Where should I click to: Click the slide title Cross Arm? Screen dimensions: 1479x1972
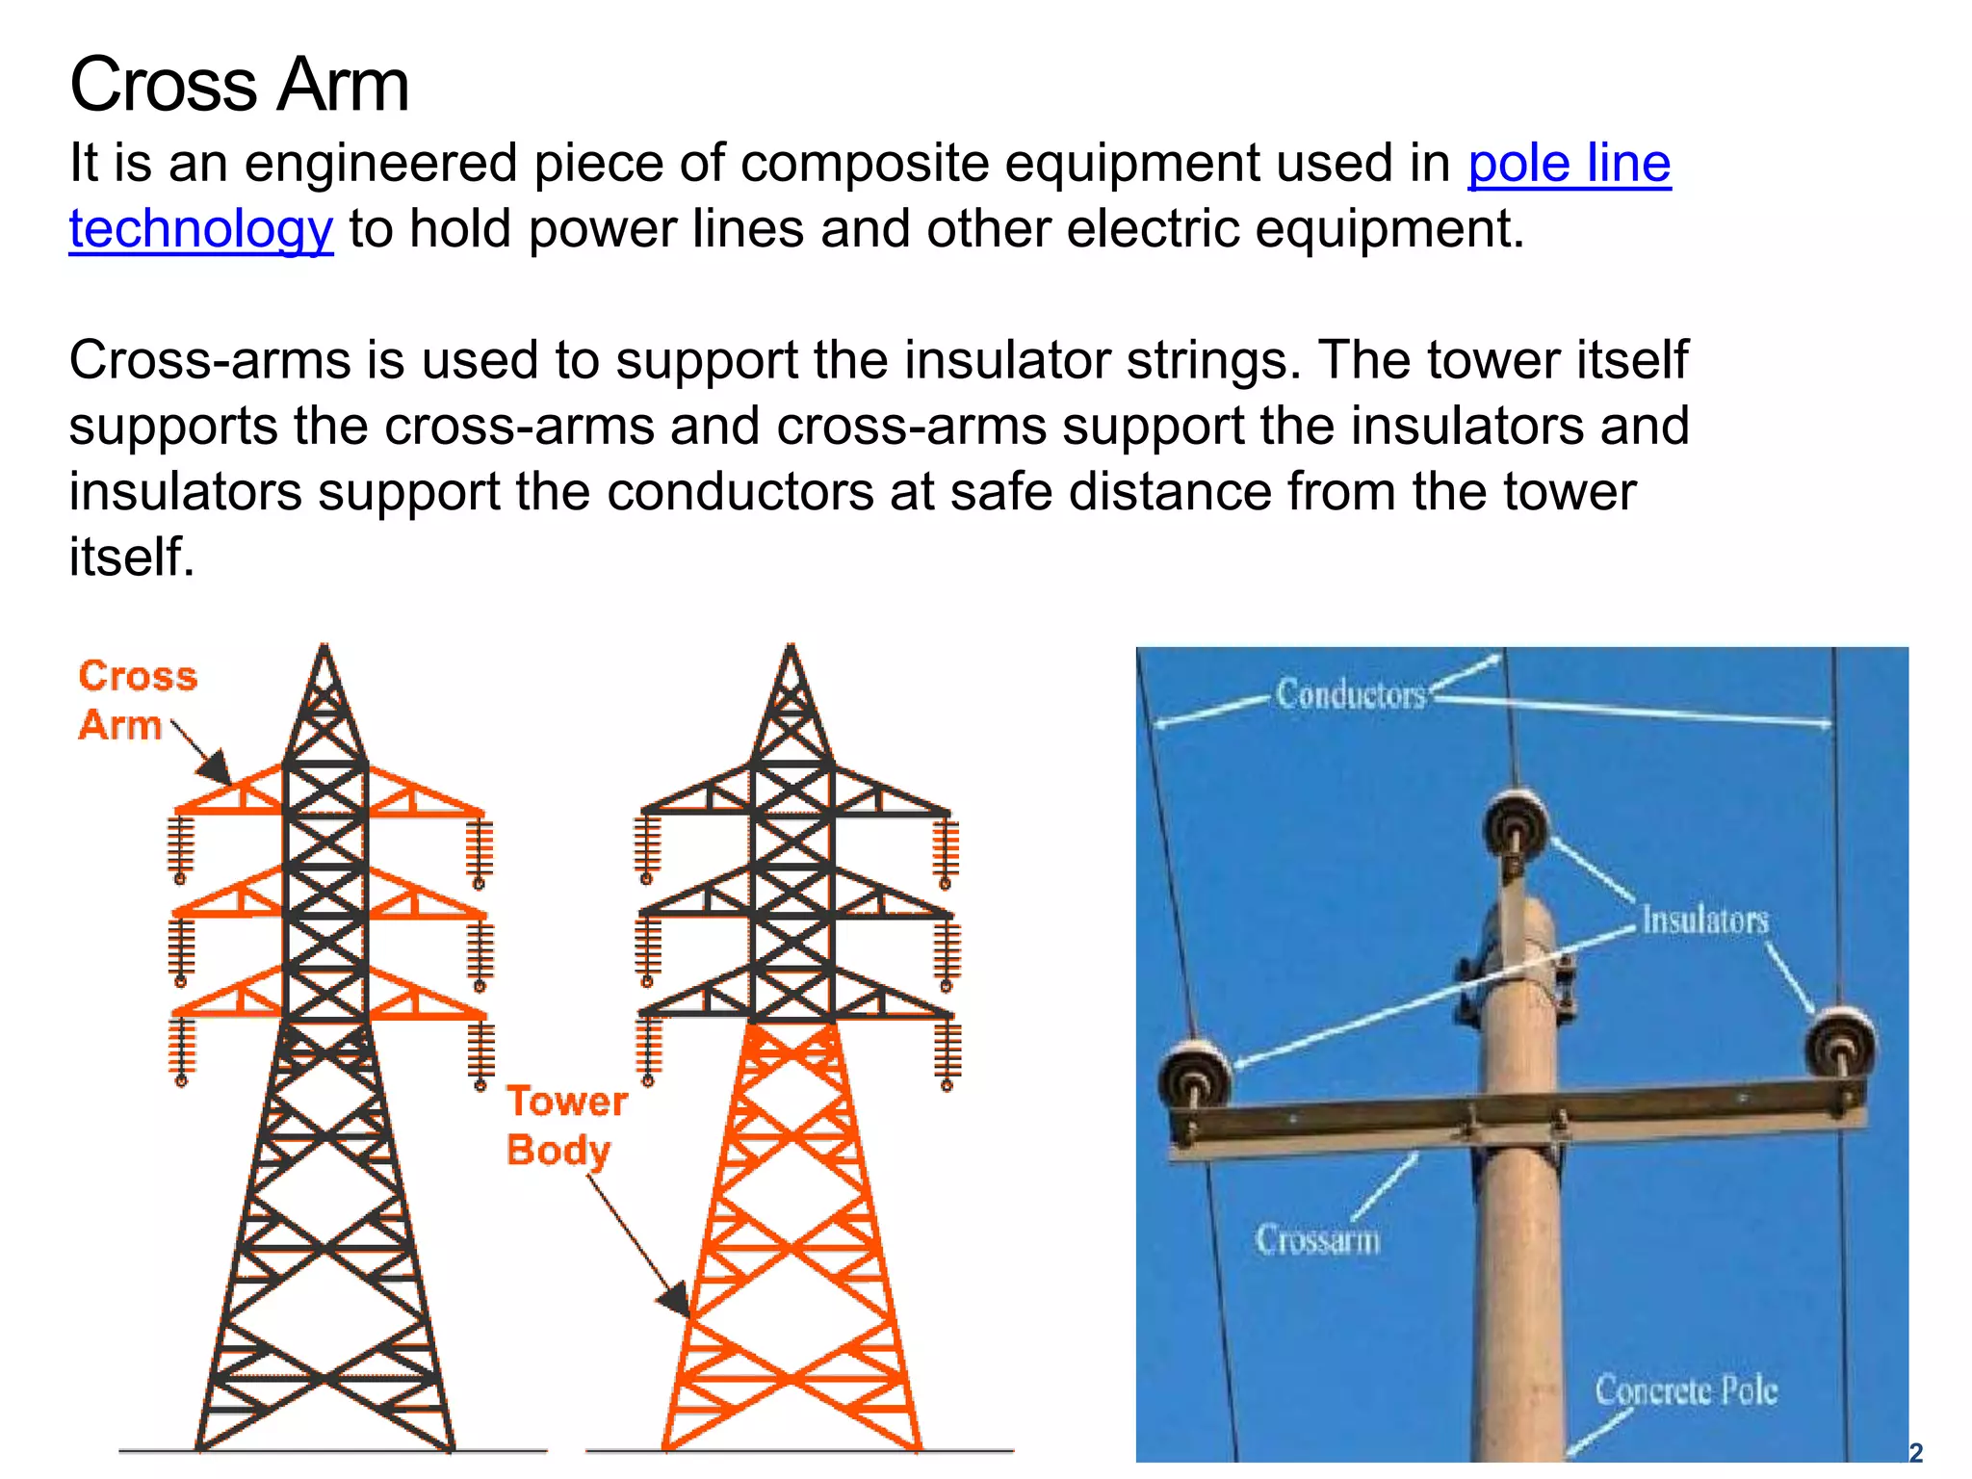(x=240, y=85)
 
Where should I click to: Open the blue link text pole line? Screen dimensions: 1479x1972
(x=1569, y=163)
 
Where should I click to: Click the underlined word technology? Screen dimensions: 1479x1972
(x=201, y=229)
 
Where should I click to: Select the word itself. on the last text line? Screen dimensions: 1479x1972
(x=132, y=557)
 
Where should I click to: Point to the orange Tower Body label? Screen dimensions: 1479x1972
(x=566, y=1125)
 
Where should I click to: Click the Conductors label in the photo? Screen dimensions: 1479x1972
(x=1350, y=694)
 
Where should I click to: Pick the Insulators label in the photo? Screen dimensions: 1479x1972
(x=1704, y=920)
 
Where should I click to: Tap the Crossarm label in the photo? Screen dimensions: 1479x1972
(x=1317, y=1238)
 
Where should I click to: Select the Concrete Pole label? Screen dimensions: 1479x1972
(x=1685, y=1390)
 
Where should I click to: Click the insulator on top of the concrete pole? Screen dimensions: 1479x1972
(x=1516, y=824)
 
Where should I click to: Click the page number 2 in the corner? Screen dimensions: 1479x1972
(x=1915, y=1452)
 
